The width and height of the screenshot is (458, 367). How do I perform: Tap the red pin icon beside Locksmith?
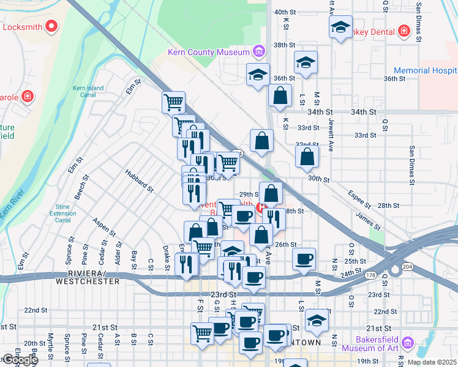(51, 27)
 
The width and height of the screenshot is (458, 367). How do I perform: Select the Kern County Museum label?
(209, 52)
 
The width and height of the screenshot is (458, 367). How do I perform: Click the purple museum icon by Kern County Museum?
(259, 51)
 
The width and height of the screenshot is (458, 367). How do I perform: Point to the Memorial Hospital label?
(425, 71)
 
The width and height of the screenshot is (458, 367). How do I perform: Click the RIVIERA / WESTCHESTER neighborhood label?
(88, 277)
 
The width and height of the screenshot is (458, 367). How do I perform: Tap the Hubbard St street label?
(139, 182)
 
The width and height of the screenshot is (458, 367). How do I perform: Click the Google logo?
(20, 360)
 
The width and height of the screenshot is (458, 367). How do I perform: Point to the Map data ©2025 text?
(431, 362)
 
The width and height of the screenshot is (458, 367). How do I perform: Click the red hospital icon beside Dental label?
(404, 31)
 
